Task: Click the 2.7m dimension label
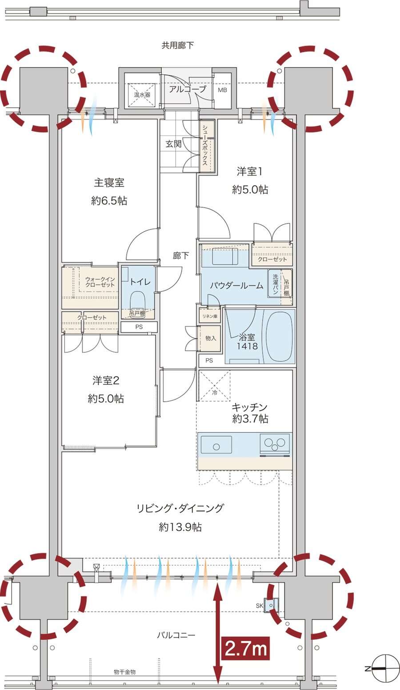246,649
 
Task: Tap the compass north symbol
382,668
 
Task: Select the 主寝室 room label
109,183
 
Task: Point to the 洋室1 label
250,172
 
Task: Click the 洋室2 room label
106,380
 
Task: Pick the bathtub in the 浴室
279,336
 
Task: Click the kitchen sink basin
216,444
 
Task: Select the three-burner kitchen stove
275,443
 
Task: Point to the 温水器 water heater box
142,94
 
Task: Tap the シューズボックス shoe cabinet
207,146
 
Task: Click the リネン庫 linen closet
210,316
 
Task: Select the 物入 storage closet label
210,338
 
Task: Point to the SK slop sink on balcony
271,605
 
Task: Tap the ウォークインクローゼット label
100,282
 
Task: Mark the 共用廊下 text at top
177,45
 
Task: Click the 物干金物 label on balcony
124,672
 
